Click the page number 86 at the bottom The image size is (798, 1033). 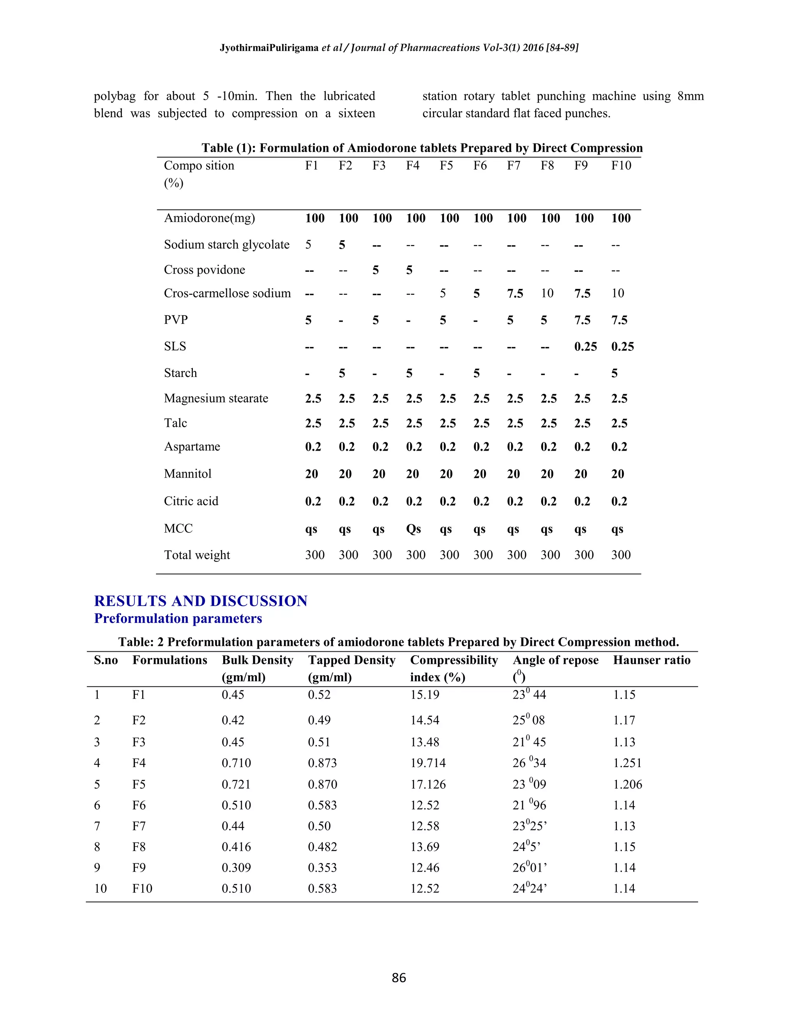[399, 978]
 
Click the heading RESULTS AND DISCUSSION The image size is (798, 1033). [200, 601]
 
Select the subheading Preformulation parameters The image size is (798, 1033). [178, 618]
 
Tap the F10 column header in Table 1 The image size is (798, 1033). [621, 166]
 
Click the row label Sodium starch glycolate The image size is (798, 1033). [226, 244]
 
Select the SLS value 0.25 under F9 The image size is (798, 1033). [585, 347]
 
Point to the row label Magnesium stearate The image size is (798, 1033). [215, 398]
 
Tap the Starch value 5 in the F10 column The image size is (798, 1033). [614, 373]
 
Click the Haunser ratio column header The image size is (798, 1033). [651, 660]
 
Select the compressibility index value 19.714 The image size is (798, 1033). [428, 763]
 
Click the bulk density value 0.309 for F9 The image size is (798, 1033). [236, 867]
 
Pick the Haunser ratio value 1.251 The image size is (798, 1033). [627, 763]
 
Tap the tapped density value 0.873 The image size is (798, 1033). [322, 763]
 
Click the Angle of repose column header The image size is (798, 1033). [556, 660]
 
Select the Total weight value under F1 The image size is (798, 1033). [314, 555]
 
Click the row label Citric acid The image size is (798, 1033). [191, 501]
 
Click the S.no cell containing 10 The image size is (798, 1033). [100, 888]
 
